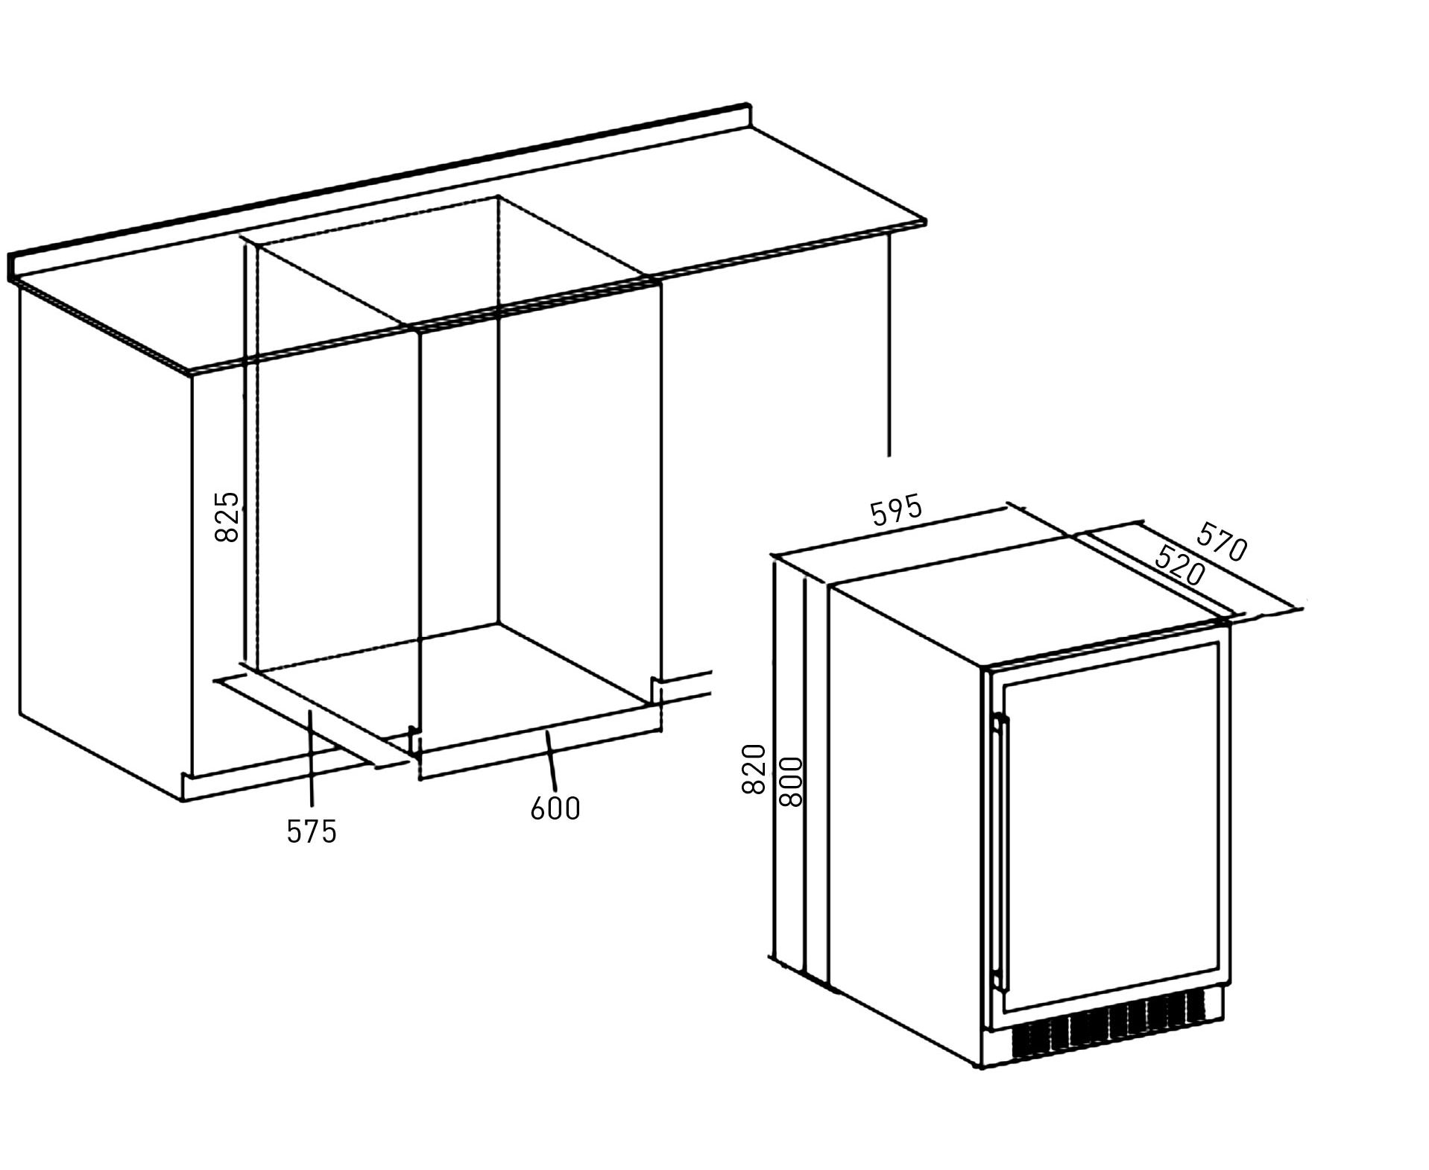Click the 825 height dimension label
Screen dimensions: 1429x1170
227,516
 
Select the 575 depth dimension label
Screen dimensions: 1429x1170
312,831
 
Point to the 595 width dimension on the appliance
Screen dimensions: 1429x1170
897,511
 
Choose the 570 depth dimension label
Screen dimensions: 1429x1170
1221,542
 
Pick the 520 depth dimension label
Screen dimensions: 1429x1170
1179,565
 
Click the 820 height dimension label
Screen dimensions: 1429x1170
754,769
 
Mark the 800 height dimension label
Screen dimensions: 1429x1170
790,781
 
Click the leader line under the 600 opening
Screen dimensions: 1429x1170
551,761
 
